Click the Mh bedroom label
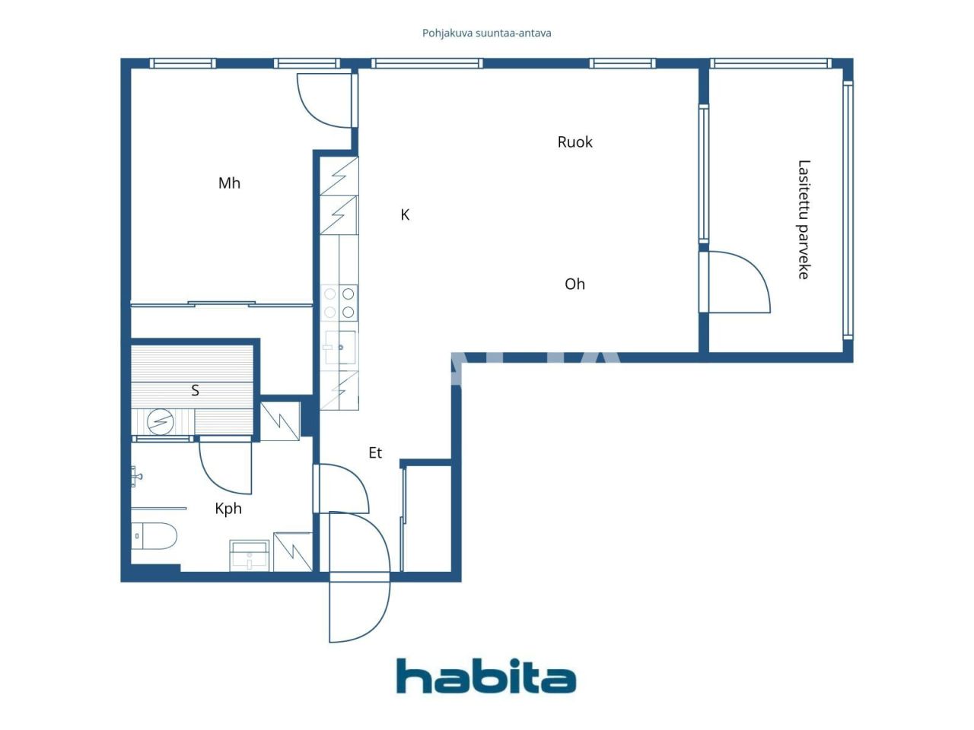point(229,182)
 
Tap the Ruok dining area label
point(575,141)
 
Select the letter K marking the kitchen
point(405,215)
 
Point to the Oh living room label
point(575,284)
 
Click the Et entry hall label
point(375,452)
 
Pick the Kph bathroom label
point(228,509)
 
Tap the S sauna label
point(195,390)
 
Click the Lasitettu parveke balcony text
point(804,219)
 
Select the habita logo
point(485,676)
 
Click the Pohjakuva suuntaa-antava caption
point(486,33)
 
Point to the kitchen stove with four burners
point(339,302)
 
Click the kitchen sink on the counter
point(339,348)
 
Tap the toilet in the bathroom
point(155,535)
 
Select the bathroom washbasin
point(250,555)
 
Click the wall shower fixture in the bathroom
point(137,477)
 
